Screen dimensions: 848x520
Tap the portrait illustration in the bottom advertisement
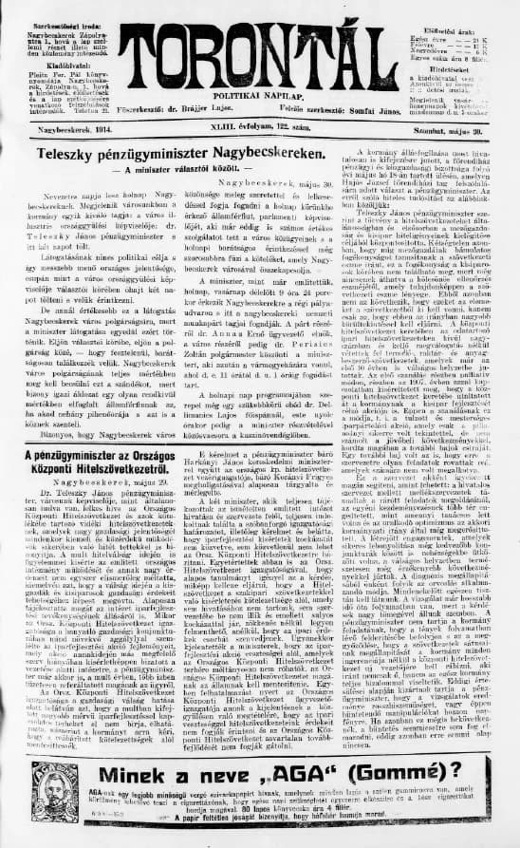click(55, 788)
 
